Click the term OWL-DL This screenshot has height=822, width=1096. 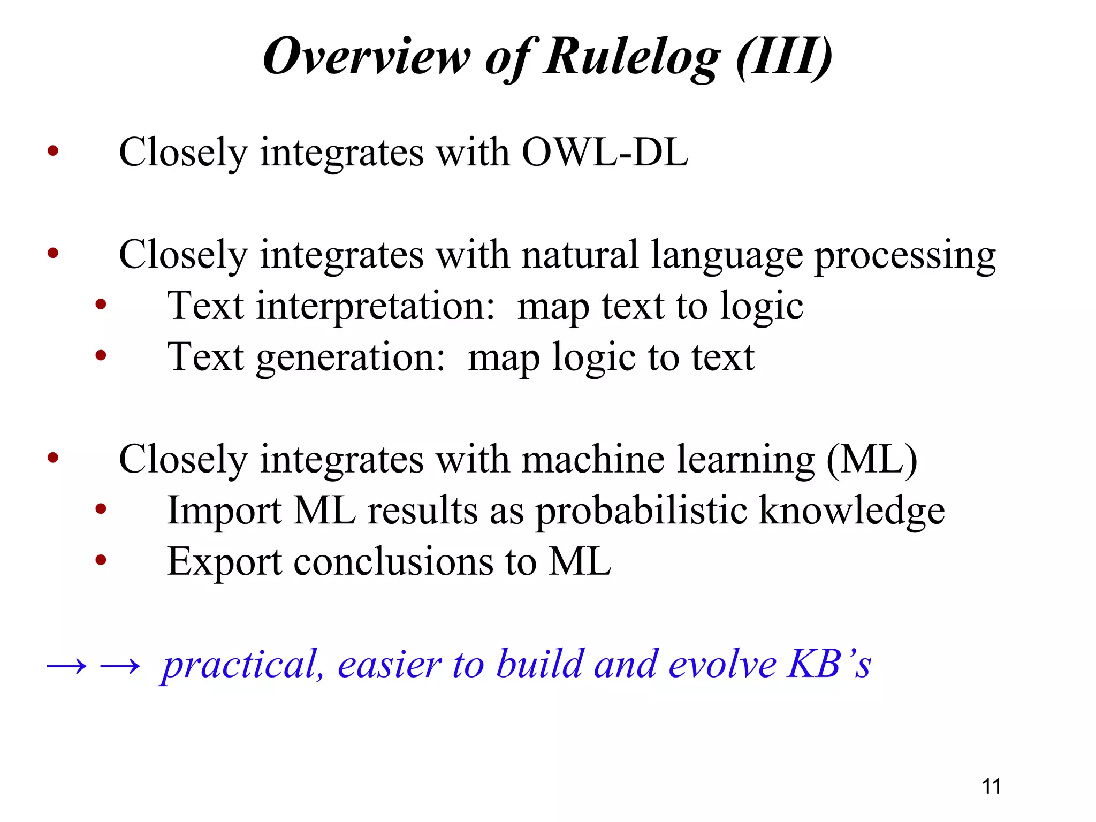tap(605, 153)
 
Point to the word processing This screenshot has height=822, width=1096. tap(904, 256)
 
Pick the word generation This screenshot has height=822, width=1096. tap(351, 357)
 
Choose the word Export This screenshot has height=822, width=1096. tap(224, 562)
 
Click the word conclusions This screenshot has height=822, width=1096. tap(393, 562)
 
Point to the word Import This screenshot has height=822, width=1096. tap(224, 511)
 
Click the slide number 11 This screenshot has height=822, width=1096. tap(991, 786)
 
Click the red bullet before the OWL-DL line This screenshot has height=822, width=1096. tap(52, 151)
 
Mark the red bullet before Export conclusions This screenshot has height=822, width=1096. tap(101, 560)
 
